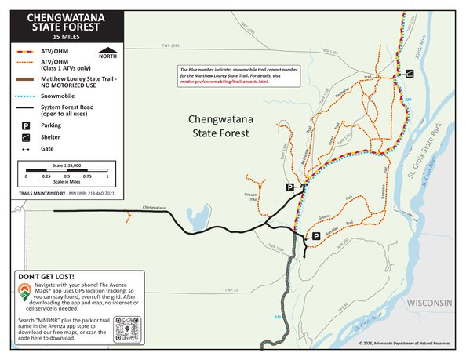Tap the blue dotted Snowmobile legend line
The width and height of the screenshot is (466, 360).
(x=26, y=96)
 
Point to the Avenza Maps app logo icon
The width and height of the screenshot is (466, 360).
(x=25, y=293)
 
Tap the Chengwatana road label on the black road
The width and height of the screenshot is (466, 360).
(x=153, y=208)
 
